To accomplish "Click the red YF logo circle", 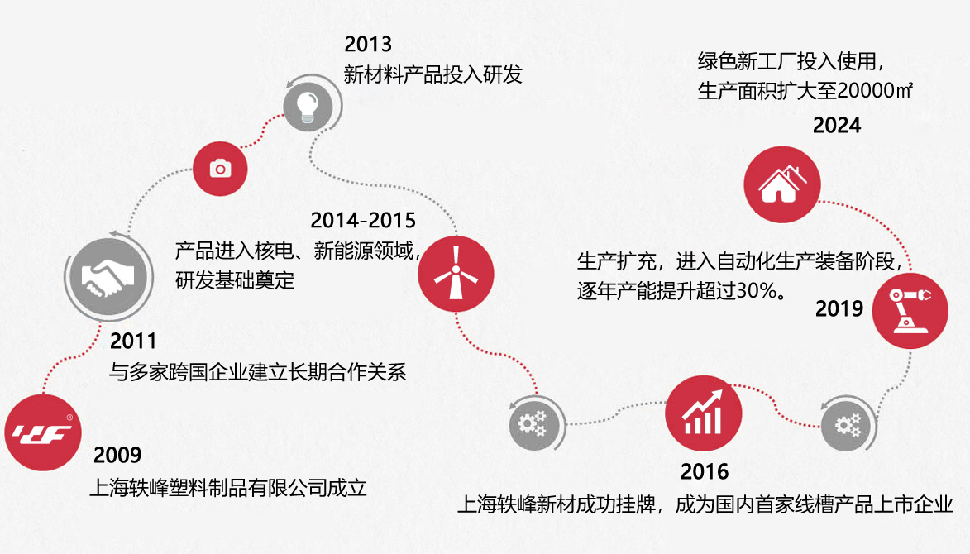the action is pyautogui.click(x=43, y=432).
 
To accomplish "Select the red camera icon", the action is pyautogui.click(x=220, y=169).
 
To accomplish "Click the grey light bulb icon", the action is pyautogui.click(x=308, y=107).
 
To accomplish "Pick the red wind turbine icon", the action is pyautogui.click(x=456, y=274).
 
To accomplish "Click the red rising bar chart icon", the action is pyautogui.click(x=704, y=413).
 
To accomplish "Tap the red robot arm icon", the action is pyautogui.click(x=910, y=311).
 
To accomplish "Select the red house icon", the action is pyautogui.click(x=782, y=184).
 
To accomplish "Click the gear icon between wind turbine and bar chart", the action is pyautogui.click(x=534, y=424).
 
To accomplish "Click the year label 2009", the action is pyautogui.click(x=117, y=455).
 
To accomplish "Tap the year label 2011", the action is pyautogui.click(x=133, y=341).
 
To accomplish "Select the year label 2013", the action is pyautogui.click(x=368, y=44).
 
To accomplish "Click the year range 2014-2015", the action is pyautogui.click(x=363, y=220).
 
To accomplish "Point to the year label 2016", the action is pyautogui.click(x=705, y=472).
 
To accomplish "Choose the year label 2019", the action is pyautogui.click(x=839, y=308).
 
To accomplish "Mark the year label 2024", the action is pyautogui.click(x=837, y=126).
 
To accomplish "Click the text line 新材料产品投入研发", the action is pyautogui.click(x=433, y=74).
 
